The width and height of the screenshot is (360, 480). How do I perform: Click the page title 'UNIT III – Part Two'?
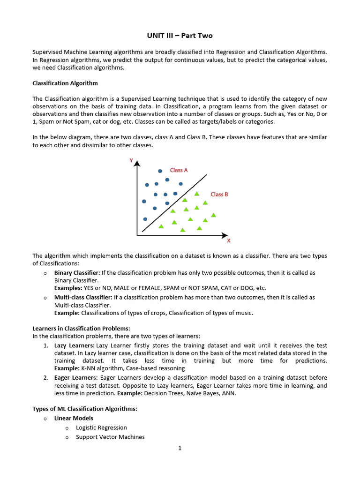click(180, 36)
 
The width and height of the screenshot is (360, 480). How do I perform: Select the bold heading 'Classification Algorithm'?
click(65, 83)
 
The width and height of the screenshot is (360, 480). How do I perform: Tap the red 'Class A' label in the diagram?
click(179, 170)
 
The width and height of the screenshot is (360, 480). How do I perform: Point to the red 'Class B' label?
click(219, 194)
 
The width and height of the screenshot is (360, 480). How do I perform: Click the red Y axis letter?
click(131, 161)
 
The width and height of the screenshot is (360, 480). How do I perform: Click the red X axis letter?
click(229, 241)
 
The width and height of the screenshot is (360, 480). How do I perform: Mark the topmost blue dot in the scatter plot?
click(160, 171)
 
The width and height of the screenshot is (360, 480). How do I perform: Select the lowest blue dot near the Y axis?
click(145, 219)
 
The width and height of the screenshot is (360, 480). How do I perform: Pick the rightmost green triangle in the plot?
click(214, 215)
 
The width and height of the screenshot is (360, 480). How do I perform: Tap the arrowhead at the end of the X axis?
click(225, 235)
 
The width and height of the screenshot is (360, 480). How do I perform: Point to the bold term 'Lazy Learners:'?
click(75, 345)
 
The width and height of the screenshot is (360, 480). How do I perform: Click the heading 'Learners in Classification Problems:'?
click(81, 328)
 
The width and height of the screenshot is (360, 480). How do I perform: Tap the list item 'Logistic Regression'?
click(101, 427)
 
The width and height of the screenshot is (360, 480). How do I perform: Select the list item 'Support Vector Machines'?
click(110, 437)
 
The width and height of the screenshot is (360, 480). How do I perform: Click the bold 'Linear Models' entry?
click(74, 418)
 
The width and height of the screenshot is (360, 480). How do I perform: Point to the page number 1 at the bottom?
click(180, 448)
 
